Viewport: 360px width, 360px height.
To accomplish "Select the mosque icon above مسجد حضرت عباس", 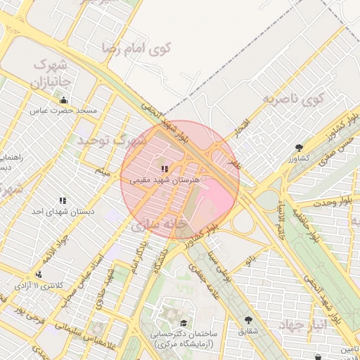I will (64, 100).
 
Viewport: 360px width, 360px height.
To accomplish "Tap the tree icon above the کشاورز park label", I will (300, 148).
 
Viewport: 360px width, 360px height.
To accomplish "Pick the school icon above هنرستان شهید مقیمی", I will (165, 169).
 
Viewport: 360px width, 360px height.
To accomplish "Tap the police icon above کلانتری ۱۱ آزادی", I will (38, 274).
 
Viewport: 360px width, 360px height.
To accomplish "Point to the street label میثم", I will (104, 170).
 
